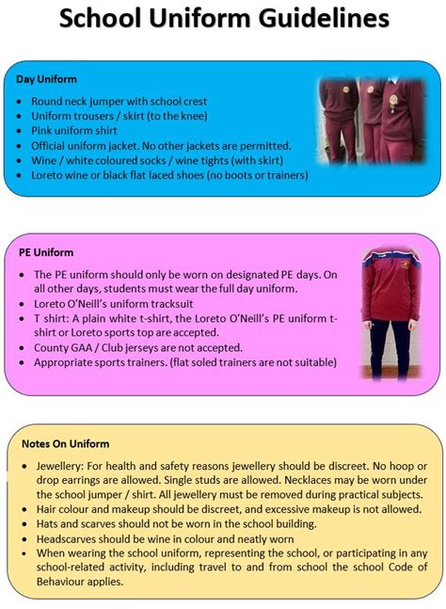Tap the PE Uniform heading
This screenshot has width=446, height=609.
pyautogui.click(x=46, y=252)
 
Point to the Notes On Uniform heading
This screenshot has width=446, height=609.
pyautogui.click(x=66, y=443)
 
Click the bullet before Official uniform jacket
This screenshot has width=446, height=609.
pyautogui.click(x=21, y=147)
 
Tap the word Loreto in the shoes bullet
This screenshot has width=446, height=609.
pyautogui.click(x=50, y=176)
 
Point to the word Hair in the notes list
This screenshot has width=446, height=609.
pyautogui.click(x=47, y=508)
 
